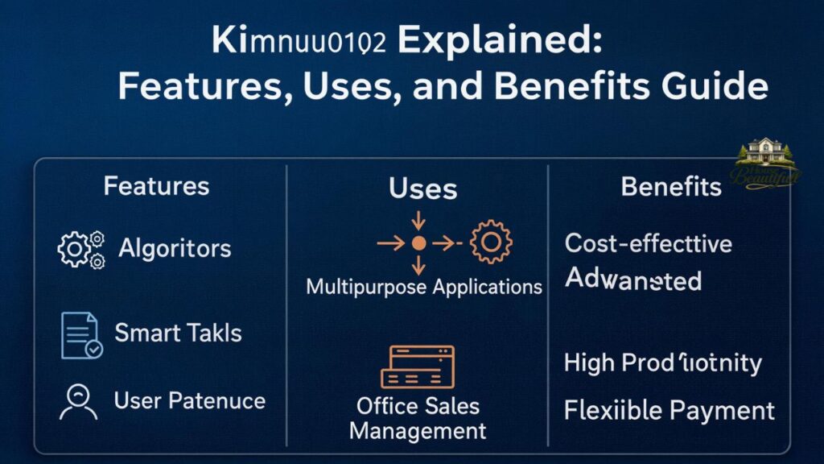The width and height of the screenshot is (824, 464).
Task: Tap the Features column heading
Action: [x=156, y=187]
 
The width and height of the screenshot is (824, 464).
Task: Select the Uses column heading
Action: [x=422, y=189]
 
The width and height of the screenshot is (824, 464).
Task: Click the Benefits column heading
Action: [x=671, y=187]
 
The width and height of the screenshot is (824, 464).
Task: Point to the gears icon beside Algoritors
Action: [x=81, y=249]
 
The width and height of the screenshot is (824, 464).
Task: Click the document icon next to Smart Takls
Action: [x=81, y=335]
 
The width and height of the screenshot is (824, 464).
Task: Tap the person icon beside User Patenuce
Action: [x=79, y=401]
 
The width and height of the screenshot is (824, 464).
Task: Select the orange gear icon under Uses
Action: [x=490, y=242]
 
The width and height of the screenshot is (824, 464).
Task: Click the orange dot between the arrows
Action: [x=418, y=242]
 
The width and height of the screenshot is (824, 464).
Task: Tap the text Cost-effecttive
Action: [x=649, y=242]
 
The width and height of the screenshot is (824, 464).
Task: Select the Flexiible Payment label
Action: [x=669, y=411]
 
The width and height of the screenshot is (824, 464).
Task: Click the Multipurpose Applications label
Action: [x=424, y=286]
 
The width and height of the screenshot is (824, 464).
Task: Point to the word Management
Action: [x=418, y=430]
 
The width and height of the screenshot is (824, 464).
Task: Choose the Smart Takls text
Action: [x=178, y=332]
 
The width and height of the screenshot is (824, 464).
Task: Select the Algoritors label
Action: [x=175, y=248]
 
